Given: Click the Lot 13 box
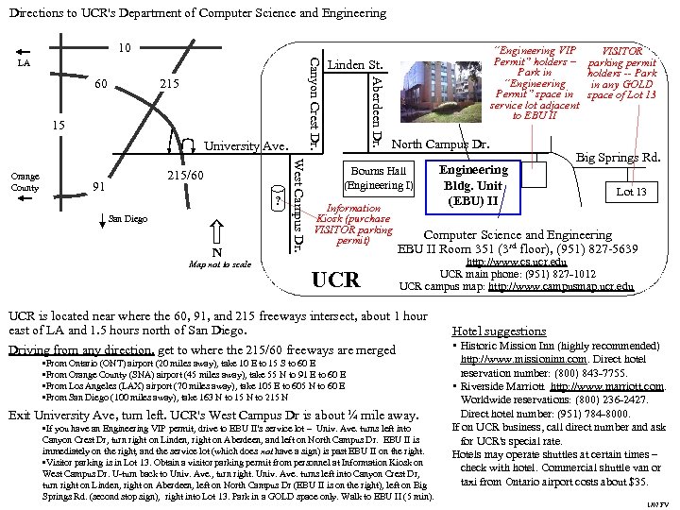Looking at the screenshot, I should pos(632,193).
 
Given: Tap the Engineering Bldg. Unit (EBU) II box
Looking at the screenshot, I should pos(474,185).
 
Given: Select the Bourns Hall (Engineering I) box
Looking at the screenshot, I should pos(379,178).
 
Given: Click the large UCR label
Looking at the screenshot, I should pos(335,280).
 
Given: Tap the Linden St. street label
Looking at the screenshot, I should pos(354,65).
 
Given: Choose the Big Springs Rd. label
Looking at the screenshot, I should pos(619,158).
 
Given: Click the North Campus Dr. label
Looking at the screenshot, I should pos(440,144).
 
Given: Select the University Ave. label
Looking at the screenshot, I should pos(246,146).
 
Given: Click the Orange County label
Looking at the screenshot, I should pos(25,181).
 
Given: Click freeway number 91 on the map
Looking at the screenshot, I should pos(98,186).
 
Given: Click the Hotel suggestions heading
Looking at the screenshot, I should pos(499,331).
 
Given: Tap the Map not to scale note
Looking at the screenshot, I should pos(220,264).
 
